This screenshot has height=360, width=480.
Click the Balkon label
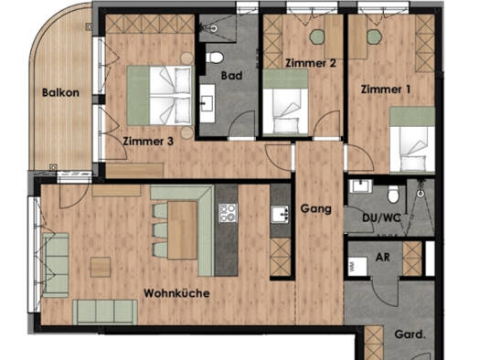[60, 92]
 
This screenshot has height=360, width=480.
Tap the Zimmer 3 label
[148, 142]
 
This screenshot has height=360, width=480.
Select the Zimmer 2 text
[311, 63]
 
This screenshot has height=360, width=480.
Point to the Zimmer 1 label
[386, 90]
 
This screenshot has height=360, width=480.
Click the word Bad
[231, 76]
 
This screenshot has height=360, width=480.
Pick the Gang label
[316, 208]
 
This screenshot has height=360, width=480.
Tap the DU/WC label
[381, 217]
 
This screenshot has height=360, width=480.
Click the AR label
[383, 257]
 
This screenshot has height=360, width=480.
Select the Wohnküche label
[177, 293]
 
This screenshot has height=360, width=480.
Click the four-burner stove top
[228, 213]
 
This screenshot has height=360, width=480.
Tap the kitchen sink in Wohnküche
[280, 214]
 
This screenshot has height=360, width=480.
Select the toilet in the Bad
[215, 58]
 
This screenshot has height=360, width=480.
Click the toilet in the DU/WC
[393, 194]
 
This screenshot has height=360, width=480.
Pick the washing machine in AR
[357, 266]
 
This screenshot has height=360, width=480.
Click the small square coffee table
[101, 267]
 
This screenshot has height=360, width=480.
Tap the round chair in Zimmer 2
[316, 37]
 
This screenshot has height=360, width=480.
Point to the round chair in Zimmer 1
[374, 37]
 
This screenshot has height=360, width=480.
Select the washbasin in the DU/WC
[361, 186]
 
